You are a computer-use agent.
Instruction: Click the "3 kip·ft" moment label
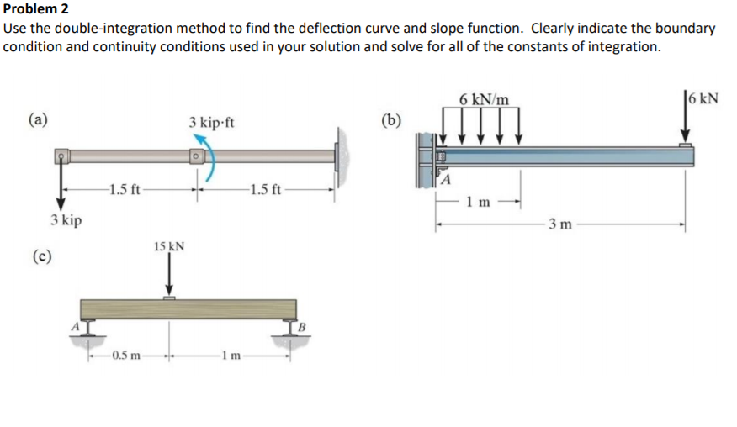point(211,123)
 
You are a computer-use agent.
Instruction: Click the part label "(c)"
point(40,256)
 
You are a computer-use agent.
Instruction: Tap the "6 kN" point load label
point(702,97)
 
